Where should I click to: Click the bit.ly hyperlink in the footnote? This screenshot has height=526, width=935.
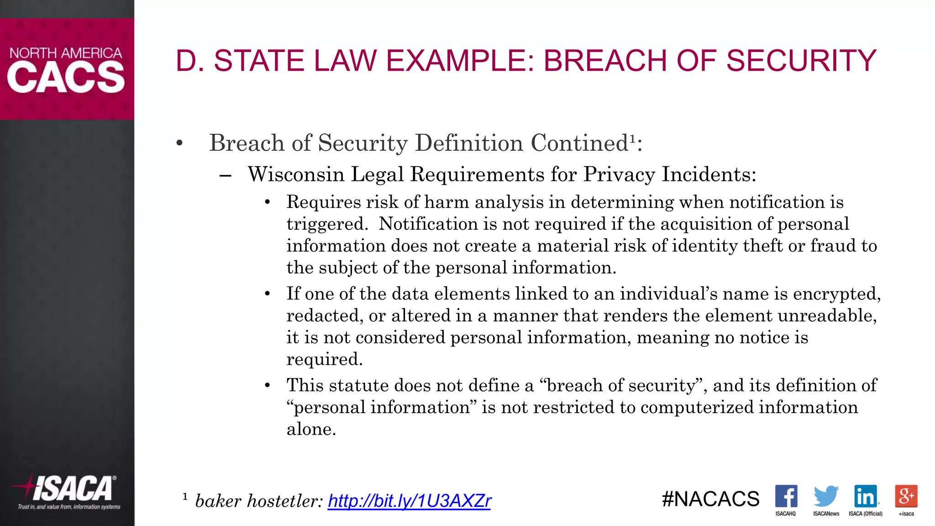click(409, 501)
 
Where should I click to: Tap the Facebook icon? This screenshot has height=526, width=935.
click(786, 496)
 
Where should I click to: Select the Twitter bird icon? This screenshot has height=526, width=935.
click(826, 496)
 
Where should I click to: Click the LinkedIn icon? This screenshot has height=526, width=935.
click(866, 496)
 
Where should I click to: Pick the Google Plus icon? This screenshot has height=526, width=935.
click(906, 496)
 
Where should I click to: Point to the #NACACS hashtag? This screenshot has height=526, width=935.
click(710, 499)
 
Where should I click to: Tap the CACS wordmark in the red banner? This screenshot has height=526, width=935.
click(66, 78)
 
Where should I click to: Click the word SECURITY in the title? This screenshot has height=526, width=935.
click(801, 61)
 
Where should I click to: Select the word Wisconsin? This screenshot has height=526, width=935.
click(296, 174)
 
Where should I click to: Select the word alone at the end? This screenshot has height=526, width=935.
click(311, 429)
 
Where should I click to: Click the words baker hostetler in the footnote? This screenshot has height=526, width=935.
click(258, 501)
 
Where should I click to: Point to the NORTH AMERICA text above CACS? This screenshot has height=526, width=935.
click(66, 53)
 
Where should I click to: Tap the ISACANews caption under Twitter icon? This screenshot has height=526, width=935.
click(826, 514)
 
